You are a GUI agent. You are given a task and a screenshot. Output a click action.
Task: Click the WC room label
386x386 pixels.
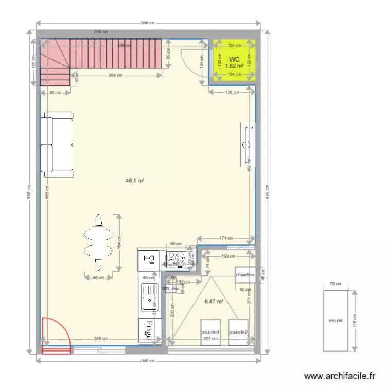point(234,59)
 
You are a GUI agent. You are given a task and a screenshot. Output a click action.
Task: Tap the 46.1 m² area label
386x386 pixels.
point(135,181)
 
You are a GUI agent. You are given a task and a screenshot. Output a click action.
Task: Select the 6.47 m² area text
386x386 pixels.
point(214,302)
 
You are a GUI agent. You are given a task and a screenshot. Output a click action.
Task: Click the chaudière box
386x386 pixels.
point(245,275)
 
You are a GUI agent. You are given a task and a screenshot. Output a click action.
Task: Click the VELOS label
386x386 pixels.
point(335,320)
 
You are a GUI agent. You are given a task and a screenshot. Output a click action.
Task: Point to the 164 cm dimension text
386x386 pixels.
point(119,242)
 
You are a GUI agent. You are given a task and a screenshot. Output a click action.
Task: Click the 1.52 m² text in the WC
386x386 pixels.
point(234,66)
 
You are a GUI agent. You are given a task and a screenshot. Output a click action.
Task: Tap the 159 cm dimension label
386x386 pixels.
point(228,256)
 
